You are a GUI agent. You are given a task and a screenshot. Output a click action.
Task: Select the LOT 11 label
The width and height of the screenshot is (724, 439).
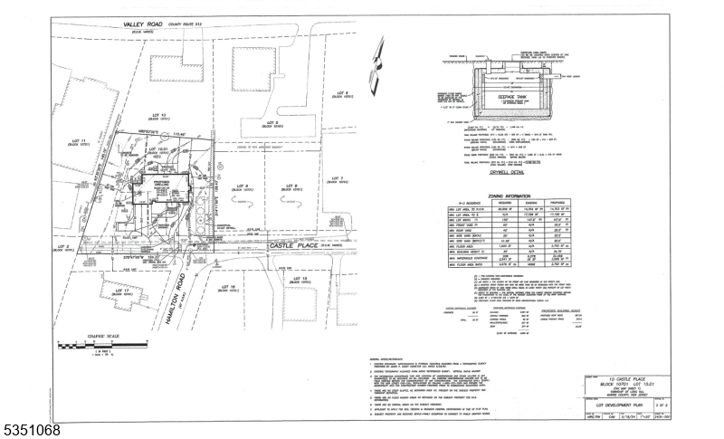80,142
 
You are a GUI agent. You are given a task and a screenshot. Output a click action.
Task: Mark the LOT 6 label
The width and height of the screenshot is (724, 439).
341,93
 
